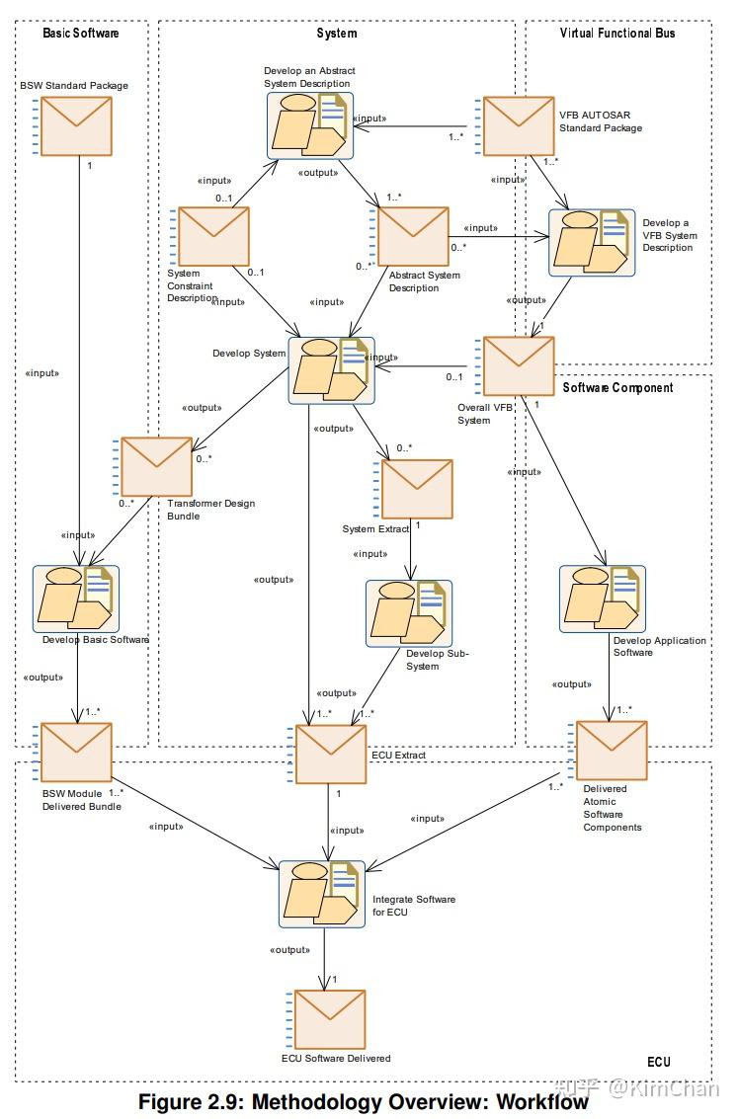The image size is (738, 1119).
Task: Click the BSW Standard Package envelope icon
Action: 75,125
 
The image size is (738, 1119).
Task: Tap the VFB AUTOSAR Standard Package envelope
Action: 517,125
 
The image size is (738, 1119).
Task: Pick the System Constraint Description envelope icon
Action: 212,237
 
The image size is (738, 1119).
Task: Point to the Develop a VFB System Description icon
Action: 592,243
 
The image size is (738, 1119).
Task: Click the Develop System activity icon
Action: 331,369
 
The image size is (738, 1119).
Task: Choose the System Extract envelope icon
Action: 416,489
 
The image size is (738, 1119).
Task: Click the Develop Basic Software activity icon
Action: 76,599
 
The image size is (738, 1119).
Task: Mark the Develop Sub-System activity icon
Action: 409,613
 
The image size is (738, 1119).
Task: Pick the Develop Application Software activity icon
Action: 602,599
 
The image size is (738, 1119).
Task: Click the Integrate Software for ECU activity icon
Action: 322,894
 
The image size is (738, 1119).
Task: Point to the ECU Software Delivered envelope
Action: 329,1019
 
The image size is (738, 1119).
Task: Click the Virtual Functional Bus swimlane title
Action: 617,33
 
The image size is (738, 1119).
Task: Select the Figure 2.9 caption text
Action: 363,1101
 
